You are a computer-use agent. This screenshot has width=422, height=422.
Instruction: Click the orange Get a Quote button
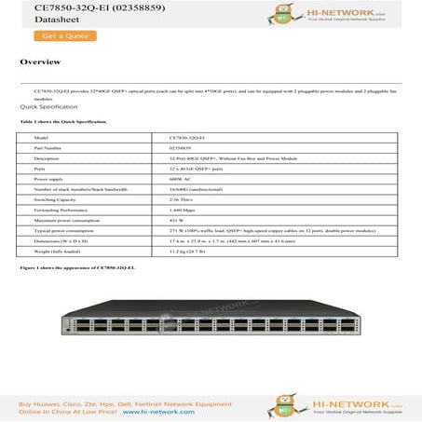[64, 35]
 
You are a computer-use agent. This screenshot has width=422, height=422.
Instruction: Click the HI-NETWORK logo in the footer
[367, 402]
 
